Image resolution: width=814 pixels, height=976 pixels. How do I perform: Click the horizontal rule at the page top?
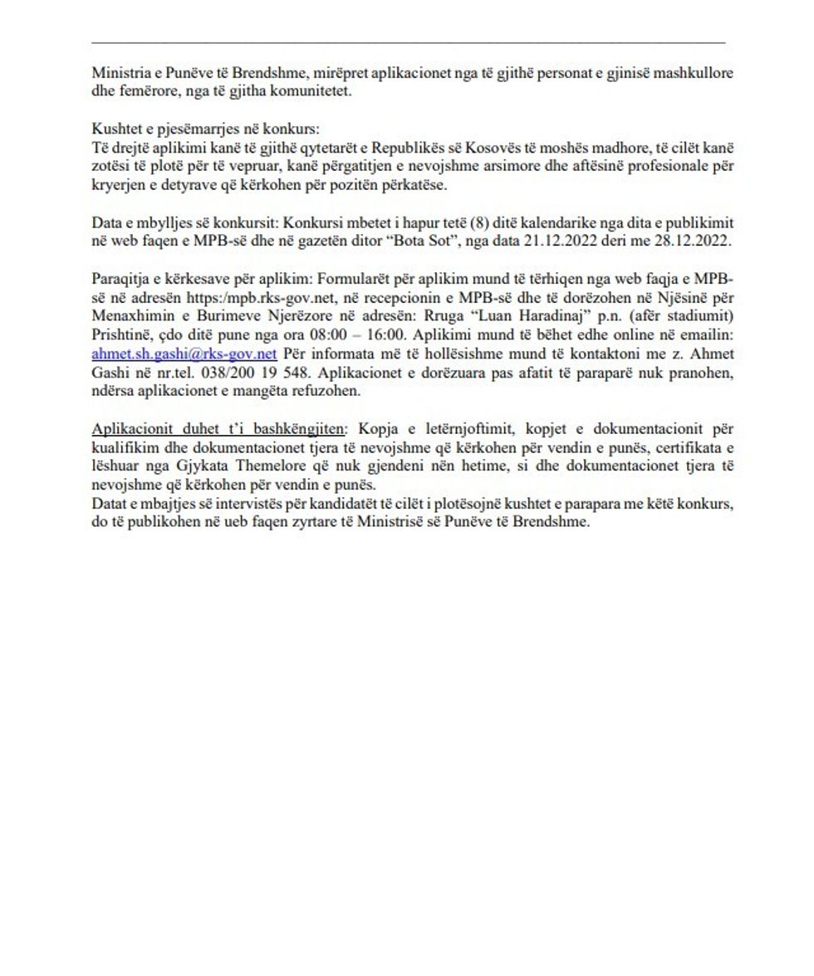coord(407,41)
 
